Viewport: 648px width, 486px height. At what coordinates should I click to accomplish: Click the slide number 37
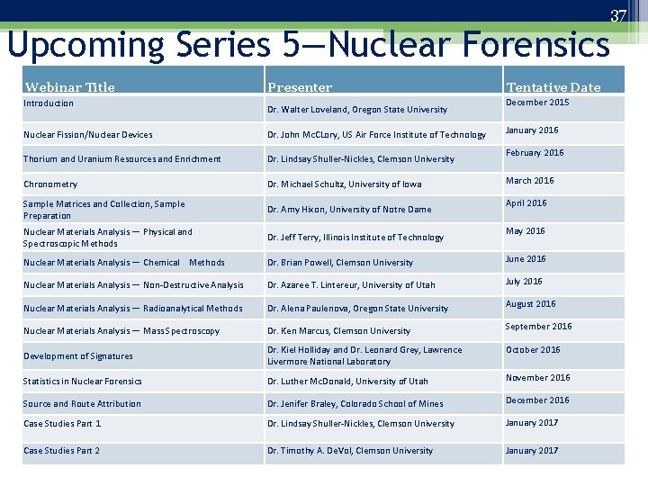point(618,16)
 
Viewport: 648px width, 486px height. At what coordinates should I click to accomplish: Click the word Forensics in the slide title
point(537,44)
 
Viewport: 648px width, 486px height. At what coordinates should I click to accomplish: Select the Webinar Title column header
point(70,87)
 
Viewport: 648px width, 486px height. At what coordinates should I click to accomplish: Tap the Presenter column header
point(300,87)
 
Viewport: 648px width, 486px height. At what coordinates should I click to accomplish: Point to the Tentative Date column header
point(553,87)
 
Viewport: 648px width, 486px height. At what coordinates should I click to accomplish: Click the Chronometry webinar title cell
point(50,184)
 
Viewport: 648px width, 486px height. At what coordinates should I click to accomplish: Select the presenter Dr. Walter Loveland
point(357,110)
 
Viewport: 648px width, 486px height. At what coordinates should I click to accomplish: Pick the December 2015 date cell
point(537,103)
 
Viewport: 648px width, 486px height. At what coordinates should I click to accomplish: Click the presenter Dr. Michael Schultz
point(344,184)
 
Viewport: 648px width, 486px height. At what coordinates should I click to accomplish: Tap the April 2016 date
point(526,203)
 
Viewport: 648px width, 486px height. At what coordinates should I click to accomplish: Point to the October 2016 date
point(533,350)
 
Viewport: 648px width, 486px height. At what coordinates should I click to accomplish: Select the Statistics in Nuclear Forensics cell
point(83,382)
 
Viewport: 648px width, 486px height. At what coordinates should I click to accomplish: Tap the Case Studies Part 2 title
point(62,451)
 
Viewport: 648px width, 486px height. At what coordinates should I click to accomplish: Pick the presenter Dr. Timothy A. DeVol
point(350,451)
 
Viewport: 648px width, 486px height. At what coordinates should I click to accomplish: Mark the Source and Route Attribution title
point(82,404)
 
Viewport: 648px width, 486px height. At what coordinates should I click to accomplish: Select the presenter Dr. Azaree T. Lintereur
point(351,285)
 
